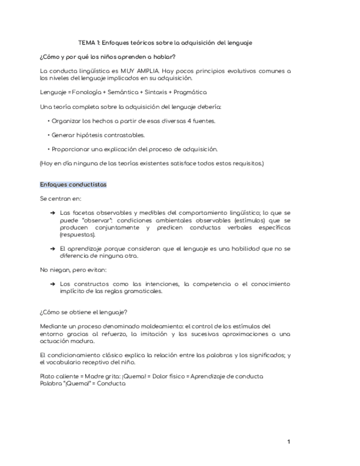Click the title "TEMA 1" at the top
tap(89, 42)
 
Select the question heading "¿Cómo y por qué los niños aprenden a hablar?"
tap(107, 57)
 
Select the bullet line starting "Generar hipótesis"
tap(98, 135)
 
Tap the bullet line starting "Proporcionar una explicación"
tap(135, 149)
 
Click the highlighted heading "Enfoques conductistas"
tap(73, 185)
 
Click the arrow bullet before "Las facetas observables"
tap(52, 213)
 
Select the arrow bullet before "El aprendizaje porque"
tap(52, 248)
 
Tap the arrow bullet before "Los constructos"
tap(52, 284)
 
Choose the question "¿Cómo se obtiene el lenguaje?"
tap(84, 312)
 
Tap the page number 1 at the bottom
tap(289, 442)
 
